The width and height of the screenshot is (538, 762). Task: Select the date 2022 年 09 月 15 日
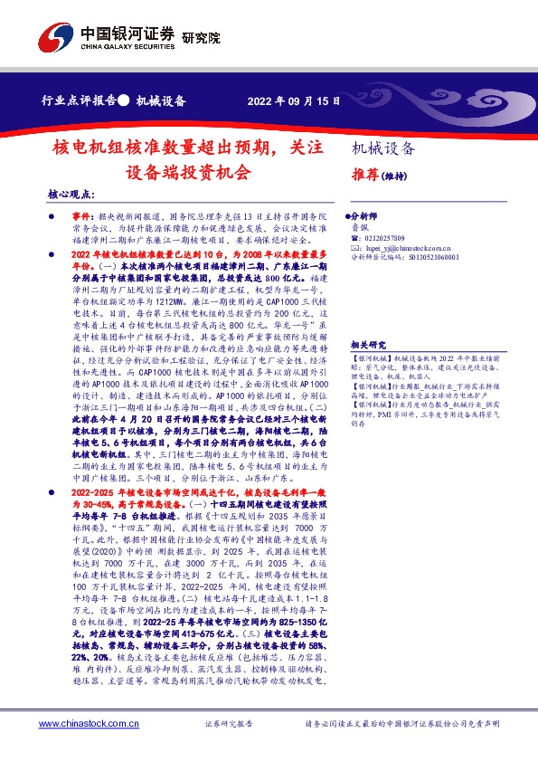pos(295,100)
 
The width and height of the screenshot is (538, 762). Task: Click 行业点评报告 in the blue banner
pos(80,100)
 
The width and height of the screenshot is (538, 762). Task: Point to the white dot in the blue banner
pos(124,100)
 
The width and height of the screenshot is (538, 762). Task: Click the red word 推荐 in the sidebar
pos(363,176)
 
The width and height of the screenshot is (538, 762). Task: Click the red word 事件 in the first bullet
pos(81,218)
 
